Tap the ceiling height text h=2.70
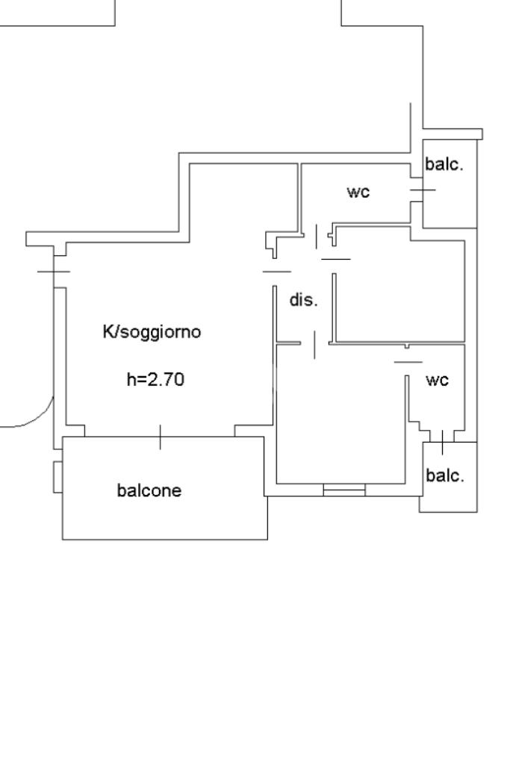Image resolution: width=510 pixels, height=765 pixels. [x=155, y=380]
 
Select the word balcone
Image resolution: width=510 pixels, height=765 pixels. [x=149, y=490]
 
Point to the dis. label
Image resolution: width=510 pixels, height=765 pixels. [x=304, y=301]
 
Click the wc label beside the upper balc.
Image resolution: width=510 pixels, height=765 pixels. [x=358, y=192]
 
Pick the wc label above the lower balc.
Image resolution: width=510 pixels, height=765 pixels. [x=437, y=380]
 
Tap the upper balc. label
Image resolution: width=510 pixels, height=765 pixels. [x=444, y=165]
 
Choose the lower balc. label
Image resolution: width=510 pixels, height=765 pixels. [x=444, y=475]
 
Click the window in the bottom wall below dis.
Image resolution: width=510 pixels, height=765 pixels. [x=344, y=490]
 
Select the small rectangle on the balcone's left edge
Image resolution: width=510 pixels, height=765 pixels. [x=57, y=477]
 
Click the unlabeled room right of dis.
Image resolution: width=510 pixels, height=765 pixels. [x=399, y=287]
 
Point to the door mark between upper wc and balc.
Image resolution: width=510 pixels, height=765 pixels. [x=422, y=190]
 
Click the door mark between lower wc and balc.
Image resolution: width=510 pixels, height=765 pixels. [x=442, y=442]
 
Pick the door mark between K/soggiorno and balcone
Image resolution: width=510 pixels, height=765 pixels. [x=160, y=437]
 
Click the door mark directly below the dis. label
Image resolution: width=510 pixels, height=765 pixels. [x=314, y=344]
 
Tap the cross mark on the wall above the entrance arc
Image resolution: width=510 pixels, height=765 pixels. [x=53, y=271]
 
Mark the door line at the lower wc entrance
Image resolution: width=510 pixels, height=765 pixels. [x=408, y=362]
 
